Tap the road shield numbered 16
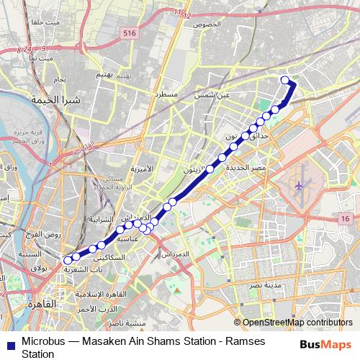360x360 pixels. pos(346,219)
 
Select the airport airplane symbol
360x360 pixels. pos(300,186)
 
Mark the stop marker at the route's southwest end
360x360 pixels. pos(68,261)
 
